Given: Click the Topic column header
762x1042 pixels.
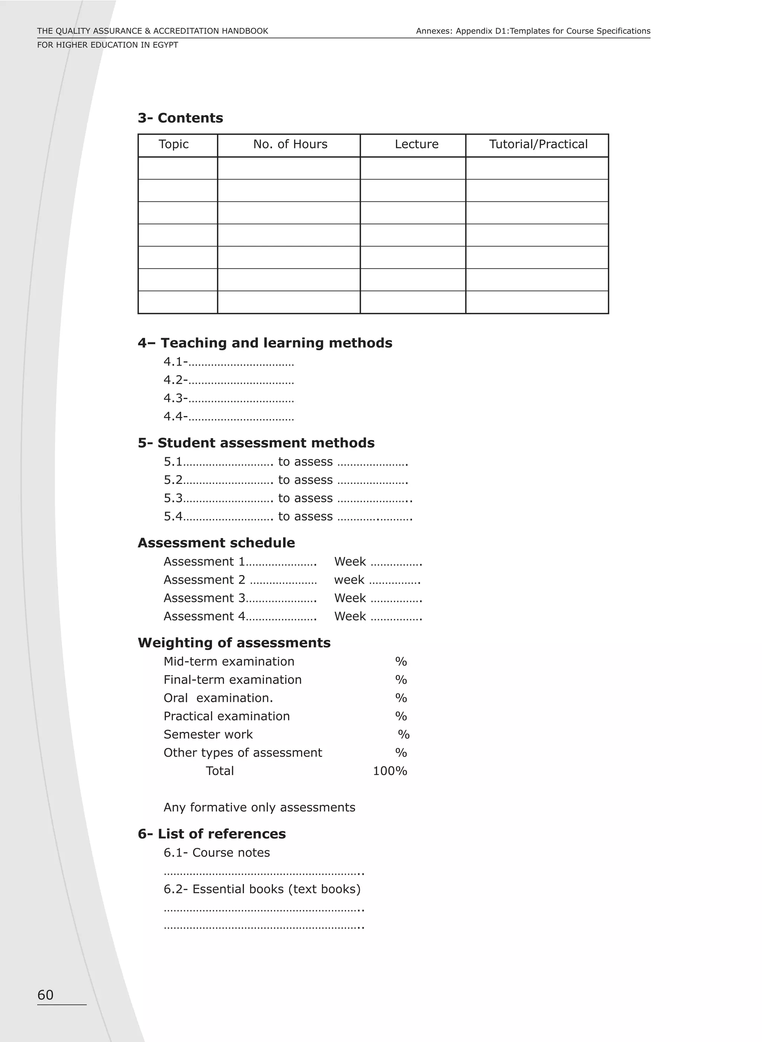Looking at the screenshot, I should click(173, 144).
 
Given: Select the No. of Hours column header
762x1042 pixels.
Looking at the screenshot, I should click(290, 144).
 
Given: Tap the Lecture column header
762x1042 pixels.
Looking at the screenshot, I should click(416, 144).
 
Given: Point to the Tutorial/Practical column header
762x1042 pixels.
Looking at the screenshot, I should click(538, 144).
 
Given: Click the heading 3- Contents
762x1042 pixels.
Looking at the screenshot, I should click(180, 118).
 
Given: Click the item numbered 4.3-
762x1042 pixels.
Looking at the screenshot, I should click(175, 398).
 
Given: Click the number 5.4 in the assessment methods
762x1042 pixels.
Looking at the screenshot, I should click(173, 516).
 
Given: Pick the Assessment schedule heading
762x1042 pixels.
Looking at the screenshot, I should click(216, 543).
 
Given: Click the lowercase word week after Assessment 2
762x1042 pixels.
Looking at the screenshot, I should click(349, 580).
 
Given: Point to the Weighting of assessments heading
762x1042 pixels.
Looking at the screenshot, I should click(234, 643).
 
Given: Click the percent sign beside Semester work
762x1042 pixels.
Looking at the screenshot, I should click(404, 735).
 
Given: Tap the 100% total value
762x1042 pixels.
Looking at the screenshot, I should click(390, 771).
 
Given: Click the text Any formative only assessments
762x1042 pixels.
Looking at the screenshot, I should click(259, 807).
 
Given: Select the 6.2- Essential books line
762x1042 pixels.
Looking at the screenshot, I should click(262, 889).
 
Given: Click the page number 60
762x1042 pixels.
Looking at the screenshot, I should click(45, 995).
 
